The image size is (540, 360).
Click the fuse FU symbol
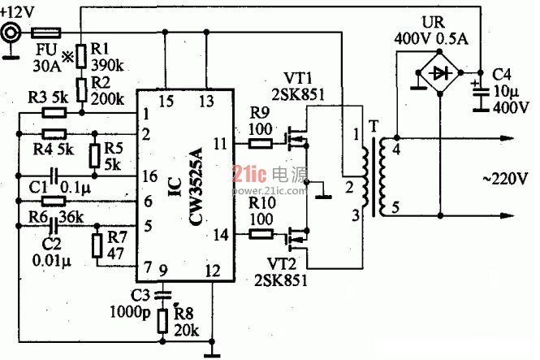(x=46, y=33)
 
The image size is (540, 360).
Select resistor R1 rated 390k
(x=81, y=56)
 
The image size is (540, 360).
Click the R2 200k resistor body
(x=81, y=89)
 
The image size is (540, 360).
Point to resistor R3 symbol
(x=54, y=113)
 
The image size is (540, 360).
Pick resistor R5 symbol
(x=95, y=156)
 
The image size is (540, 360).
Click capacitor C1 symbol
(x=54, y=176)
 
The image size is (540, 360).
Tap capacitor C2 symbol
(x=54, y=226)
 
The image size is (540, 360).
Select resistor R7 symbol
(x=97, y=245)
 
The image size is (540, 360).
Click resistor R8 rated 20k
(x=162, y=321)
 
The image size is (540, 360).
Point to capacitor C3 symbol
(x=162, y=295)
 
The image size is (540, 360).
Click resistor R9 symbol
(x=261, y=143)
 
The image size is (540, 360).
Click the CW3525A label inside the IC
(x=196, y=186)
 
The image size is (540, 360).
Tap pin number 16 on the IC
(x=150, y=176)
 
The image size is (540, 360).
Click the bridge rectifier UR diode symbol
(x=439, y=72)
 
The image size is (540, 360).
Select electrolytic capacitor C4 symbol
(x=481, y=96)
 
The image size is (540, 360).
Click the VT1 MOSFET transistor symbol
(x=297, y=139)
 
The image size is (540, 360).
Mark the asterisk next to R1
(x=67, y=56)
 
